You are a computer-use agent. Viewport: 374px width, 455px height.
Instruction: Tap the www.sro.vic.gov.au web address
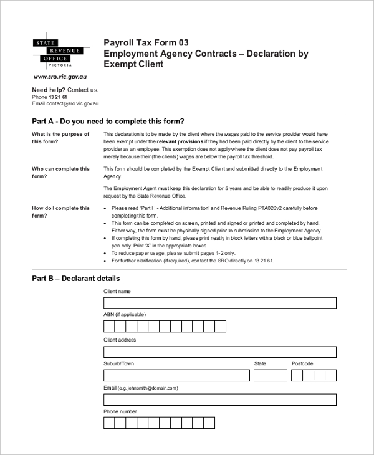(x=55, y=77)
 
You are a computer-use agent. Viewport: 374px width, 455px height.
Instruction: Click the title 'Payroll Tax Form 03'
(x=146, y=43)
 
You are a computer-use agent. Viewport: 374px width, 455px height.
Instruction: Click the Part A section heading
(x=108, y=121)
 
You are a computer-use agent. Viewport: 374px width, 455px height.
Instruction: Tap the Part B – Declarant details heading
(x=75, y=279)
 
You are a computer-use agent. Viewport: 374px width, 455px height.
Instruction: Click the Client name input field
(x=219, y=303)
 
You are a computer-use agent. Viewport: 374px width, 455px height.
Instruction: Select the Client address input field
(x=219, y=351)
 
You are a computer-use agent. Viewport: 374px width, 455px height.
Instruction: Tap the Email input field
(x=219, y=399)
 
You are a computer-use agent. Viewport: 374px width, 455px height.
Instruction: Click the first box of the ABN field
(x=109, y=327)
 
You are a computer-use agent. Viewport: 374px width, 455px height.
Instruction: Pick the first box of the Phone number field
(x=109, y=423)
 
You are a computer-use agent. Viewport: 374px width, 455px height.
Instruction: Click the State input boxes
(x=270, y=375)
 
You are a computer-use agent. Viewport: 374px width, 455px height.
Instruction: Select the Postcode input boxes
(x=314, y=375)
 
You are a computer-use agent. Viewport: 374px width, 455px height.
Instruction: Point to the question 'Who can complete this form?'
(x=60, y=173)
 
